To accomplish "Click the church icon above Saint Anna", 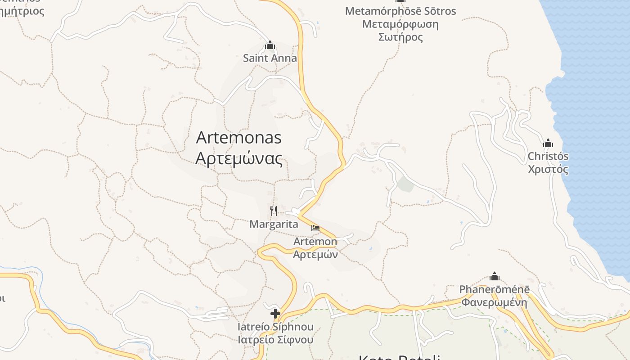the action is coord(270,45).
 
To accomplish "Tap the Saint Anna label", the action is coord(270,58).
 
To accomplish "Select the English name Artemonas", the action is coord(239,138).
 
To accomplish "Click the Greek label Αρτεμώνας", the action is coord(239,158).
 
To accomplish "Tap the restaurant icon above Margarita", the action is coord(274,211).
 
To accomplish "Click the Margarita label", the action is coord(274,224).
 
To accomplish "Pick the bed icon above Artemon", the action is coord(315,228).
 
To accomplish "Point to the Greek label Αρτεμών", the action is coord(315,254).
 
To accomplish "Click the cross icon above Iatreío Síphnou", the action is coord(275,314).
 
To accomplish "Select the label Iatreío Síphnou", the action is coord(275,327).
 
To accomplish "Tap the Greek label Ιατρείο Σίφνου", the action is coord(275,339).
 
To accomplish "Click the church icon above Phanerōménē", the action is coord(495,276).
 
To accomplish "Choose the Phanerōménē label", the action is coord(495,289).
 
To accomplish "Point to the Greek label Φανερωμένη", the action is coord(495,302).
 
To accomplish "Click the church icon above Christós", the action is coord(548,144).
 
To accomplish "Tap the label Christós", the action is coord(548,157).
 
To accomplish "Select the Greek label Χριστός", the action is coord(548,170).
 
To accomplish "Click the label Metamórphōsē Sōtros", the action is coord(400,11).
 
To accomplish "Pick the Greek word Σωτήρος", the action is coord(400,37).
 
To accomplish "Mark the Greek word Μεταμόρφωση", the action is coord(400,24).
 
